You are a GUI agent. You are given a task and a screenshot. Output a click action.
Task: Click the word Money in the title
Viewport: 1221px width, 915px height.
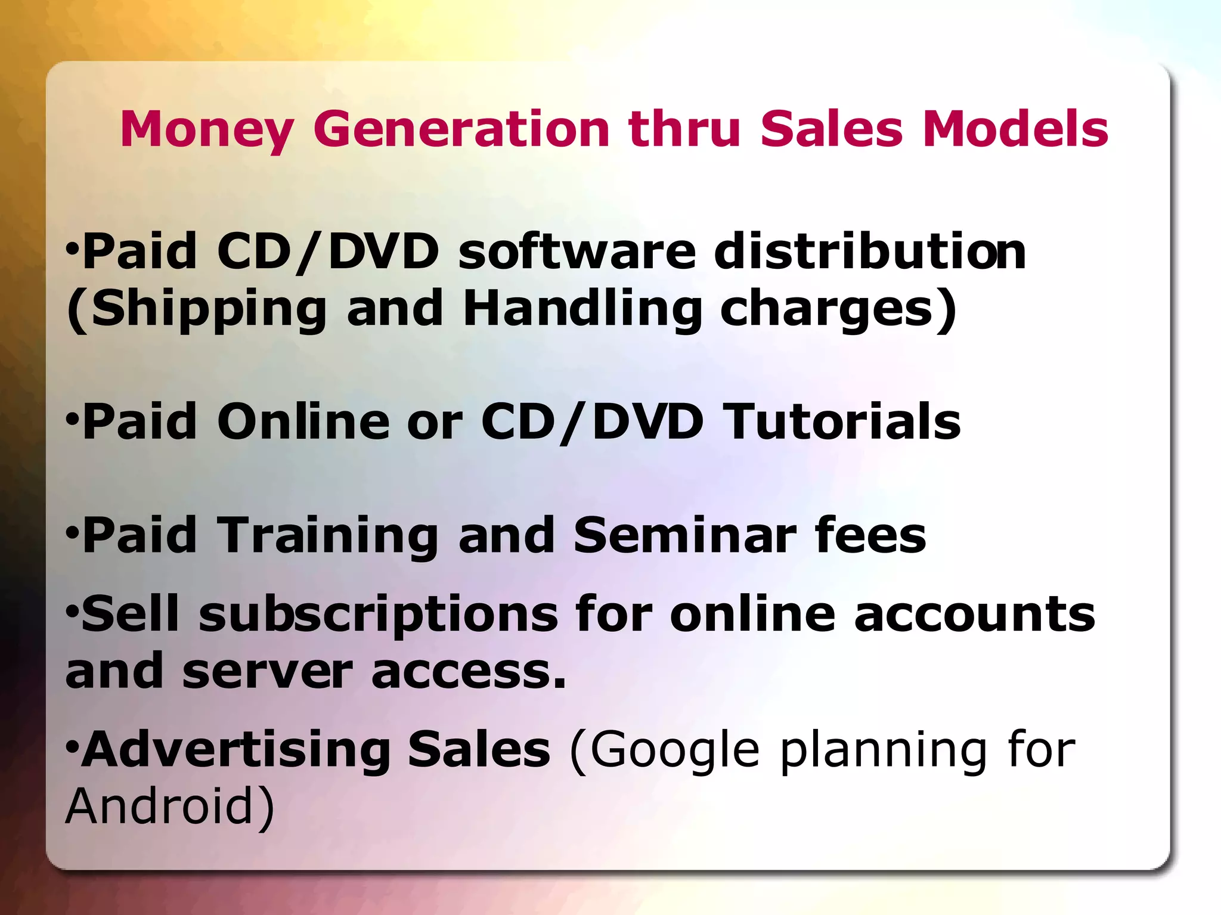tap(206, 130)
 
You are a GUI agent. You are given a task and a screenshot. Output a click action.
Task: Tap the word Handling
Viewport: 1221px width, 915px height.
tap(582, 310)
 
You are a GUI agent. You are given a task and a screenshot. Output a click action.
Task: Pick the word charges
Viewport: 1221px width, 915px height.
tap(826, 310)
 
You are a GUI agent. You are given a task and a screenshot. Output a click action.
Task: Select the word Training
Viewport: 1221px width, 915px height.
tap(327, 536)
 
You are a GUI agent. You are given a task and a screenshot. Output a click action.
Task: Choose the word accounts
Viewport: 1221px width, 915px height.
tap(974, 615)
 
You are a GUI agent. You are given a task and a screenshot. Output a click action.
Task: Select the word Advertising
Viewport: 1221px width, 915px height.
tap(235, 750)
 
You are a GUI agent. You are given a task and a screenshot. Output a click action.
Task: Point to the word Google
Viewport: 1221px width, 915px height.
tap(674, 750)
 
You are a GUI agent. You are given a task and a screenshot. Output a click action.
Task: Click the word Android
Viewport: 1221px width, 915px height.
tap(160, 806)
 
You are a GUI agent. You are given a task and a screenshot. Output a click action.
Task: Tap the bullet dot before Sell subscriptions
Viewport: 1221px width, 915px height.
tap(72, 612)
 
